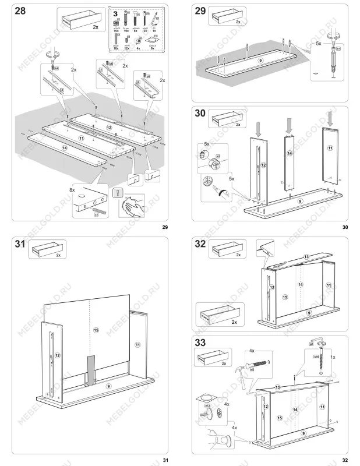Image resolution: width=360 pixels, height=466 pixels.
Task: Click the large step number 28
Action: tap(21, 12)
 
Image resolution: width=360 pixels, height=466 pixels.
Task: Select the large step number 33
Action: tap(202, 344)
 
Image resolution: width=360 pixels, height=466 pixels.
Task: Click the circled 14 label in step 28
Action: tap(64, 149)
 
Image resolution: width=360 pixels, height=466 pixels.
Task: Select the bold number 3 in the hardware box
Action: tap(115, 12)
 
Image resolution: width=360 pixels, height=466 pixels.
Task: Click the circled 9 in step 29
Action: tap(261, 60)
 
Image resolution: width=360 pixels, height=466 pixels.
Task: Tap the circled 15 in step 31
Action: tap(96, 330)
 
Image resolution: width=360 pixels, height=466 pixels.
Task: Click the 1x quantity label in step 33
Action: tap(333, 356)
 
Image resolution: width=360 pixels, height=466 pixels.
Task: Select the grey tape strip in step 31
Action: tap(91, 369)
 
